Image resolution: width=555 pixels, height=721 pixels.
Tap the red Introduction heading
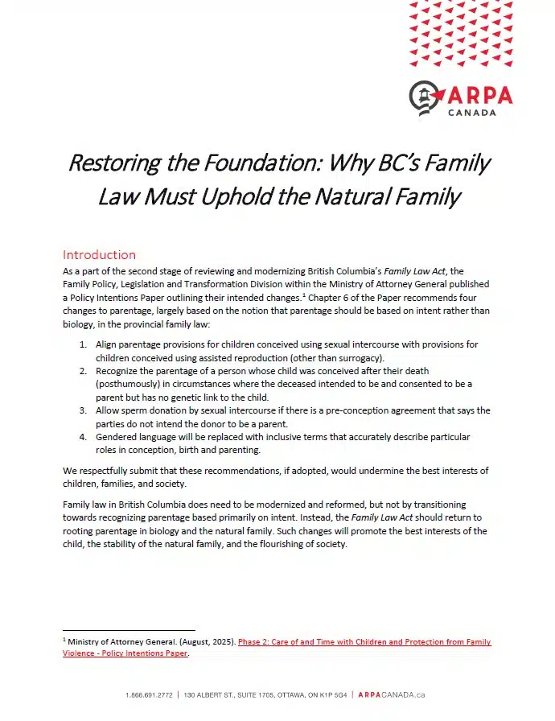pos(100,255)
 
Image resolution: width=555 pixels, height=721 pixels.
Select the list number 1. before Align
pos(84,344)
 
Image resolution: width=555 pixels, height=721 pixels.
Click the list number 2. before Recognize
pos(84,371)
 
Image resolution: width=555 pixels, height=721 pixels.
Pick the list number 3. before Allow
pos(84,410)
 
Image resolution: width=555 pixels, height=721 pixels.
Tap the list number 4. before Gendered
pos(84,437)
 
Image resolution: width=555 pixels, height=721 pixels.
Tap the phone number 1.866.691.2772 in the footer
pos(150,694)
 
